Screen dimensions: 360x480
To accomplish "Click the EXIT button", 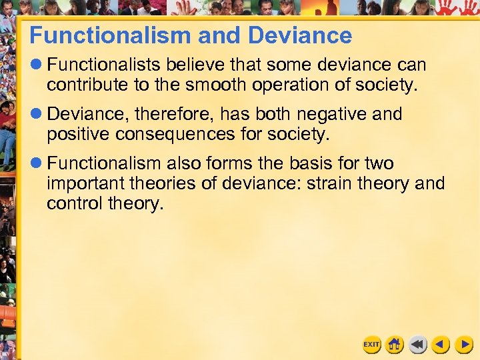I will pos(371,345).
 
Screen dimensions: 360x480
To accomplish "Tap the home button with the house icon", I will pos(395,345).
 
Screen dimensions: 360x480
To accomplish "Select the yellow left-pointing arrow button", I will pos(441,345).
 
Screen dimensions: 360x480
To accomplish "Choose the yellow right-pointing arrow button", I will pos(464,345).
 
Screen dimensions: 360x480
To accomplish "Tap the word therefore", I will pos(168,115).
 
